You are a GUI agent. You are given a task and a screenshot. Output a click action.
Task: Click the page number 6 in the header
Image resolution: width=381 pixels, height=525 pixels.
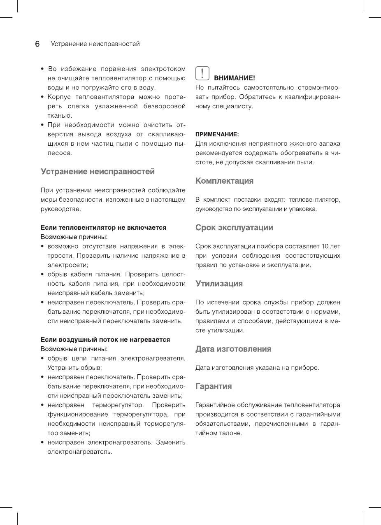[x=37, y=44]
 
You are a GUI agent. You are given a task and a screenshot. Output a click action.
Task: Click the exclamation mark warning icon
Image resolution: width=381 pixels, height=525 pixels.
[x=202, y=73]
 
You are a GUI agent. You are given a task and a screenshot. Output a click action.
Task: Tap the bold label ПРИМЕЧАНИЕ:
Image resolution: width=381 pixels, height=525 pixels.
[x=217, y=134]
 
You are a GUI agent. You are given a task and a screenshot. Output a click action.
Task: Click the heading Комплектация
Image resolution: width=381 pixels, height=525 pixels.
[x=224, y=181]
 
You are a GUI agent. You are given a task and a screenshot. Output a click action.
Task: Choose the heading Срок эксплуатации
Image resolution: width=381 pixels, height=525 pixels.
[x=234, y=227]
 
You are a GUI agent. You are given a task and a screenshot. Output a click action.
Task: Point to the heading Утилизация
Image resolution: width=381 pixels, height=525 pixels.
[x=219, y=283]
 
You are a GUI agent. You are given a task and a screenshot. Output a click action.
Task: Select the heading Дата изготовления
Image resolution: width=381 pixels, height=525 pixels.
[x=233, y=349]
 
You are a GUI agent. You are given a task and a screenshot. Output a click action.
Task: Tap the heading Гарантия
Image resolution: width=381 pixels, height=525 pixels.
[x=214, y=386]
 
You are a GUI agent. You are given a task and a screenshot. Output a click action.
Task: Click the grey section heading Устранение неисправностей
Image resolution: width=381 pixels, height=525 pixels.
[x=98, y=171]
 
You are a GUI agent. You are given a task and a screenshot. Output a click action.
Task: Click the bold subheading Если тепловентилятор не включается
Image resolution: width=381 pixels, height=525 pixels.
[x=103, y=227]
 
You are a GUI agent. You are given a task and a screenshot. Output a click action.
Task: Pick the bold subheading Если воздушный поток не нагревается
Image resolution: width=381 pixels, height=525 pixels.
[x=105, y=340]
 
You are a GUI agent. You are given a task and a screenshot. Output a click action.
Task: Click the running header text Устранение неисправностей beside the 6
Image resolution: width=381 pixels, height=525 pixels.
[x=95, y=44]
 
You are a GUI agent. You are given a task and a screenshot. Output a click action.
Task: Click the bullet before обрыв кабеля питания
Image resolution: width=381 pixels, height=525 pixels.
[x=43, y=274]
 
